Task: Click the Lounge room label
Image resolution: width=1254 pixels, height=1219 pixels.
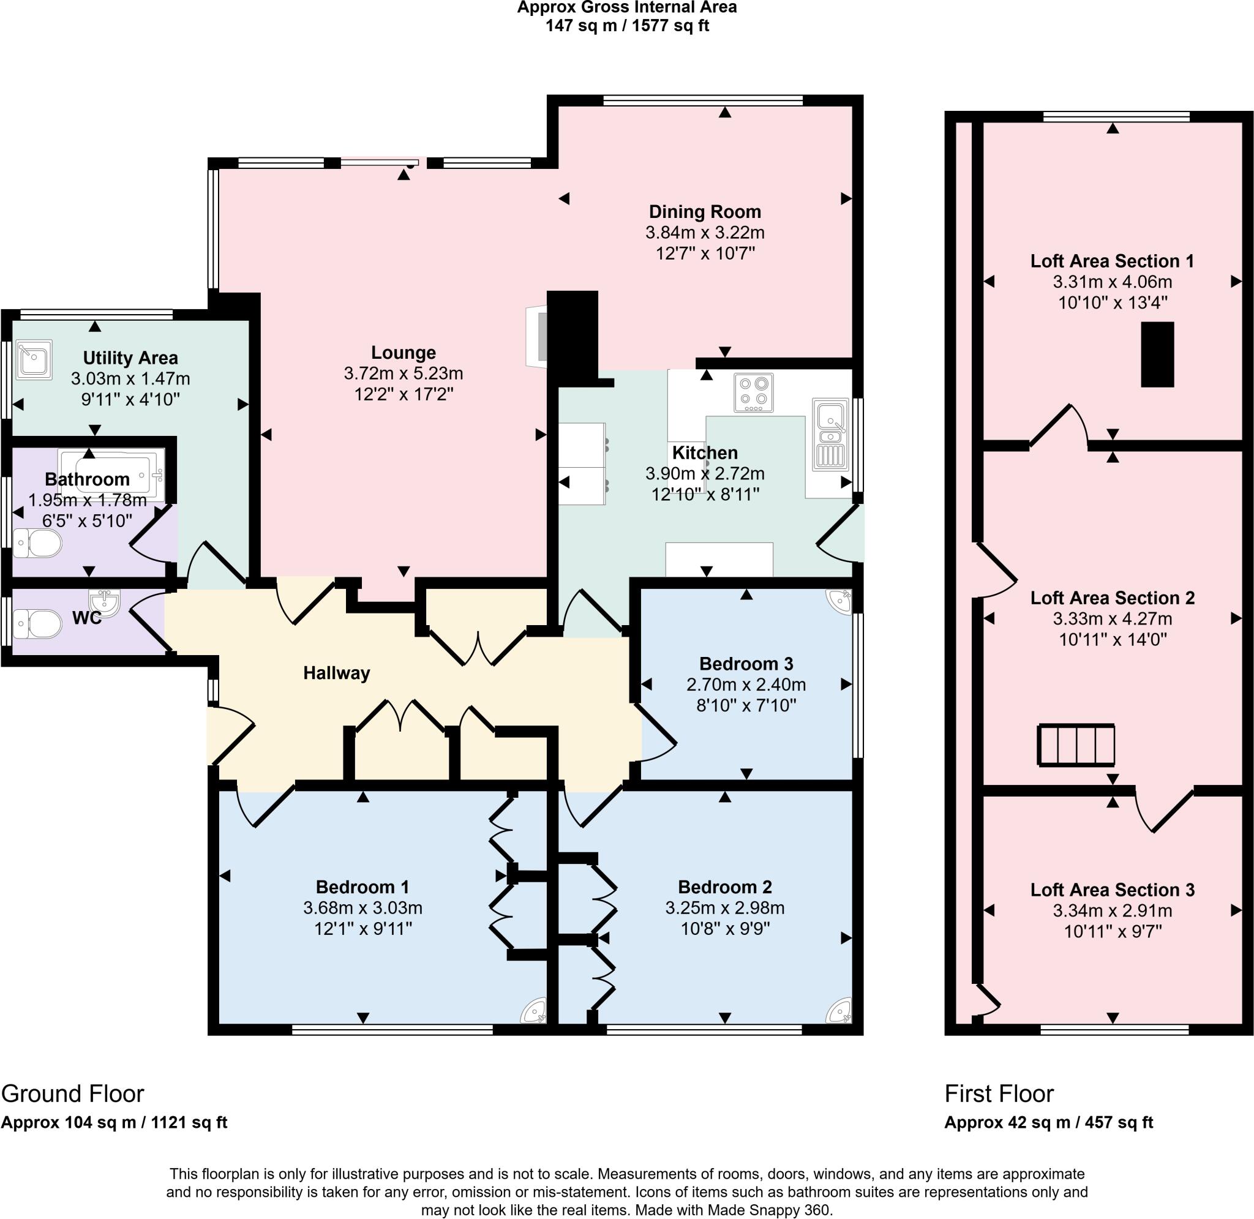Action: point(404,352)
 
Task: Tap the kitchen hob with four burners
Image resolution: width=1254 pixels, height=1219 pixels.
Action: point(753,392)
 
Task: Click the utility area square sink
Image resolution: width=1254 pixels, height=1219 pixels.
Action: point(33,359)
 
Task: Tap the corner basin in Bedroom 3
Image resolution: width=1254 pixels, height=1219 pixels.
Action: point(839,601)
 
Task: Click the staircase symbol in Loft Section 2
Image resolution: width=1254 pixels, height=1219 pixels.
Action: point(1075,745)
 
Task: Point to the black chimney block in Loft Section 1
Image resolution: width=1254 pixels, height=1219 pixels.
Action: point(1157,354)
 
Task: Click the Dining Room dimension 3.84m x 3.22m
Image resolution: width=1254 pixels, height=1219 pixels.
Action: point(705,233)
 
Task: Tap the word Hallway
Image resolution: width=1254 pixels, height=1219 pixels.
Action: point(336,673)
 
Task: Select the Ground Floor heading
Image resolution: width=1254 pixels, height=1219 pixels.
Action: point(72,1093)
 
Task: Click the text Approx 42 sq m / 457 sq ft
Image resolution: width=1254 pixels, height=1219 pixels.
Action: point(1048,1122)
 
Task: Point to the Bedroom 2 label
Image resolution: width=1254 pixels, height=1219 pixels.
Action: point(724,887)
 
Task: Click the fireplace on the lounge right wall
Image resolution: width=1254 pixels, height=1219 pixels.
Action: point(536,337)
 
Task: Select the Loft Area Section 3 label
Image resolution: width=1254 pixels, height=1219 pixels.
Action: point(1112,889)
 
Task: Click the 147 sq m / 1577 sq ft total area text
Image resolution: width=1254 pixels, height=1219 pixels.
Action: point(626,26)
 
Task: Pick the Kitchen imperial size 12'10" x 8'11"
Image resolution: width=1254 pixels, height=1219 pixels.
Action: point(705,494)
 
